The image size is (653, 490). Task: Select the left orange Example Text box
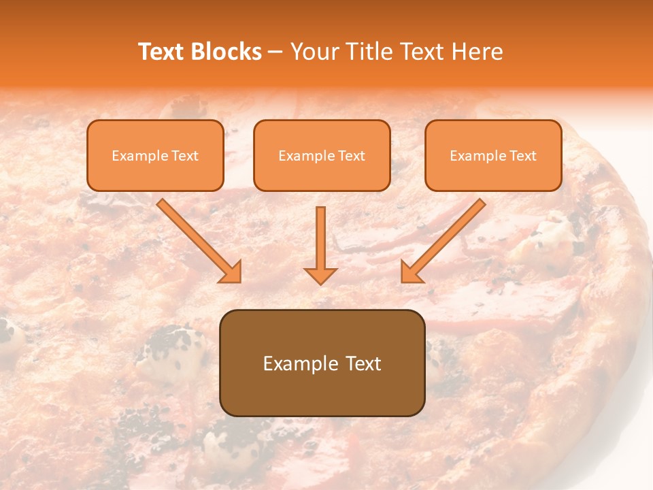[155, 155]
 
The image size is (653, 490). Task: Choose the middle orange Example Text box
[322, 155]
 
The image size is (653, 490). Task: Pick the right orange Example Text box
[493, 155]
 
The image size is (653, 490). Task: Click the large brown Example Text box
[322, 363]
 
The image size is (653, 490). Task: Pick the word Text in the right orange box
[522, 156]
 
